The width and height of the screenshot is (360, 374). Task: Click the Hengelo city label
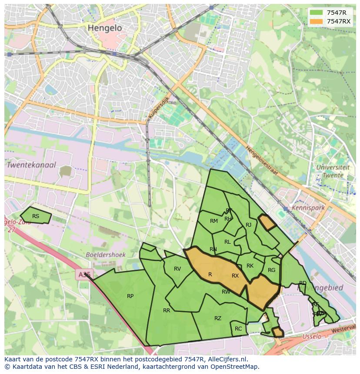click(105, 28)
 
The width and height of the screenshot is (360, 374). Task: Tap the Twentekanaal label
click(31, 165)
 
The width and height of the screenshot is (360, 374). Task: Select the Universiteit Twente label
click(333, 171)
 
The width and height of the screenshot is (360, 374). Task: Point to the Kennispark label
click(308, 208)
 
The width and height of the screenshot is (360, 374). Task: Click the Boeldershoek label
click(106, 255)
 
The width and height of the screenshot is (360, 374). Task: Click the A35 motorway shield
click(84, 275)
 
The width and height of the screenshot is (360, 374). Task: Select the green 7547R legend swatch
click(316, 13)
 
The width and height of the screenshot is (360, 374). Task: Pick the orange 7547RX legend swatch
click(316, 21)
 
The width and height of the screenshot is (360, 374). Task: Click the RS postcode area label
click(36, 216)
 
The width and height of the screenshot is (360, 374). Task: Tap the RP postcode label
click(130, 296)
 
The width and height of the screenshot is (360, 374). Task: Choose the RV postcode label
click(177, 269)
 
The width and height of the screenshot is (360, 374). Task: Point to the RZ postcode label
click(218, 318)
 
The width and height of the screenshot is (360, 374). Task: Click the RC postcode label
click(238, 329)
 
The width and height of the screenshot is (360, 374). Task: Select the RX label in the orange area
click(235, 276)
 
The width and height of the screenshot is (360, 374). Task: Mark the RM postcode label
click(214, 221)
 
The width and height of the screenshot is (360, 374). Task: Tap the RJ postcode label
click(248, 225)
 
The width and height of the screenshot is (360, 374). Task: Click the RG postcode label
click(272, 270)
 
